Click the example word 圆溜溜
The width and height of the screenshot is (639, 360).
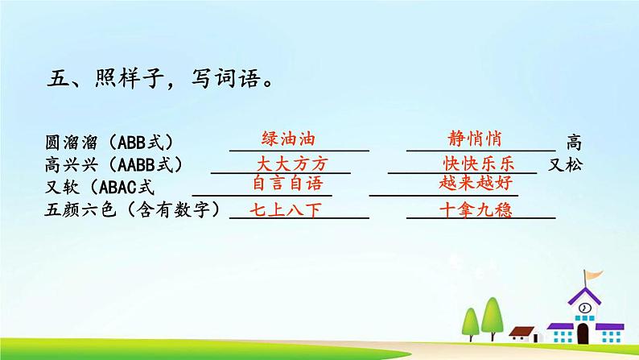(x=70, y=143)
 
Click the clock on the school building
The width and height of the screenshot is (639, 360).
(x=584, y=308)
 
